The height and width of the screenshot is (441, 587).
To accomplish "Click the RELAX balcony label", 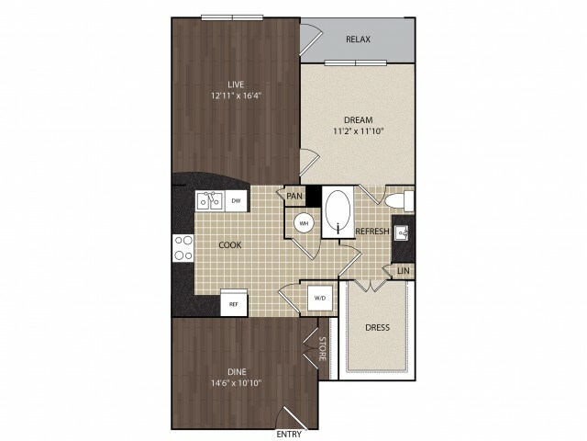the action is pos(358,40).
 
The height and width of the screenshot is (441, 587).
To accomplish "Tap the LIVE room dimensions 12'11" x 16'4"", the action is pos(236,96).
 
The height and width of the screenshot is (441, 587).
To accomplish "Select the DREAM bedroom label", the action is pos(359,120).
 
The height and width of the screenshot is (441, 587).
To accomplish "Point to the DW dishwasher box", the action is pos(236,200).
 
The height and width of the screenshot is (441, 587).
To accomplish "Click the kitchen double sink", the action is pos(210,200).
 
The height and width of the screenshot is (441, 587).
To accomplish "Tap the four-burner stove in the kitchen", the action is pos(183,248).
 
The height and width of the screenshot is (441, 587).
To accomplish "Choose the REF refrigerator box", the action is pos(234,303).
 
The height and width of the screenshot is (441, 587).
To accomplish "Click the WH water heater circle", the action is pos(304,223).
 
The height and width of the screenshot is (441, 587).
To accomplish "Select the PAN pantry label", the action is pos(294,196).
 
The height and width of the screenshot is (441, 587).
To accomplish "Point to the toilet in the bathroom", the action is pos(399,201).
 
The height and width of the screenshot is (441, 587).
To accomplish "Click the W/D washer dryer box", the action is pos(320,298).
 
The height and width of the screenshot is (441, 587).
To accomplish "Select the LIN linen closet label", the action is pos(404,270).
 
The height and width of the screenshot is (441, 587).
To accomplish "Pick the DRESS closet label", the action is pos(377,327).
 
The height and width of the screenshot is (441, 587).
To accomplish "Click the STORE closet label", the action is pos(322,349).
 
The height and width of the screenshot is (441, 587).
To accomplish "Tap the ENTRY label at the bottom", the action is pos(289,434).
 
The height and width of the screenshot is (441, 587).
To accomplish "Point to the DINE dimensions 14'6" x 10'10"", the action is pos(237,383).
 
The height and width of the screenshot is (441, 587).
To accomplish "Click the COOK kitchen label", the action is pos(230,245).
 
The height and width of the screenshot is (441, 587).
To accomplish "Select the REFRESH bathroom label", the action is pos(372,231).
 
